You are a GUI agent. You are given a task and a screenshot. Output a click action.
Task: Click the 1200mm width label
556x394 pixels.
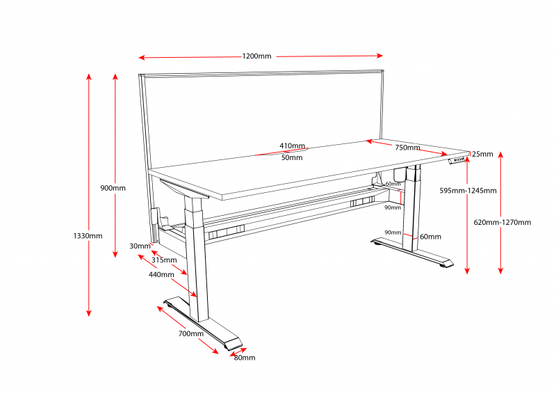pyautogui.click(x=256, y=56)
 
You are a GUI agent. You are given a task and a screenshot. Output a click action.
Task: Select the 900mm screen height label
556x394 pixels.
pyautogui.click(x=113, y=188)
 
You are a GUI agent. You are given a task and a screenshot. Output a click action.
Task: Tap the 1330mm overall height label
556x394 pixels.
pyautogui.click(x=88, y=236)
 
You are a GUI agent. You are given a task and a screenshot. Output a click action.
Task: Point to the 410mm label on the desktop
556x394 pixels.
pyautogui.click(x=292, y=146)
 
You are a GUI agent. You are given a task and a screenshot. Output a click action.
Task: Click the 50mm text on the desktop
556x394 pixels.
pyautogui.click(x=292, y=157)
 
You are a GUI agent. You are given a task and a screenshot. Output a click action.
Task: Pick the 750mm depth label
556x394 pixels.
pyautogui.click(x=407, y=148)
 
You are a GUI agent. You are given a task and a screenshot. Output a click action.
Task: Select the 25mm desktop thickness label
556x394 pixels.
pyautogui.click(x=482, y=154)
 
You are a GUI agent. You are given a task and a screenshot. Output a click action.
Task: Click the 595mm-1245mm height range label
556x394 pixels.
pyautogui.click(x=468, y=191)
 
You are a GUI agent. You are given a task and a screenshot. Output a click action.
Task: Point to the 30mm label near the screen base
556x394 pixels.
pyautogui.click(x=140, y=246)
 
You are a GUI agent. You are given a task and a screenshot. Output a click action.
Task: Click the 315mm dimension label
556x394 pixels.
pyautogui.click(x=165, y=260)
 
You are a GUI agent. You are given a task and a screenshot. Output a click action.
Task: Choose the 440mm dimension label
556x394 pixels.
pyautogui.click(x=161, y=274)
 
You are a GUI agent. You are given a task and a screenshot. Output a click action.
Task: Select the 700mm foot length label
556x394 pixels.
pyautogui.click(x=190, y=333)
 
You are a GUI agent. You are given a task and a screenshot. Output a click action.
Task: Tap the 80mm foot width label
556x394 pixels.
pyautogui.click(x=244, y=358)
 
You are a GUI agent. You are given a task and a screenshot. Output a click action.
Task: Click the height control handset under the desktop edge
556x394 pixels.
pyautogui.click(x=457, y=161)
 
